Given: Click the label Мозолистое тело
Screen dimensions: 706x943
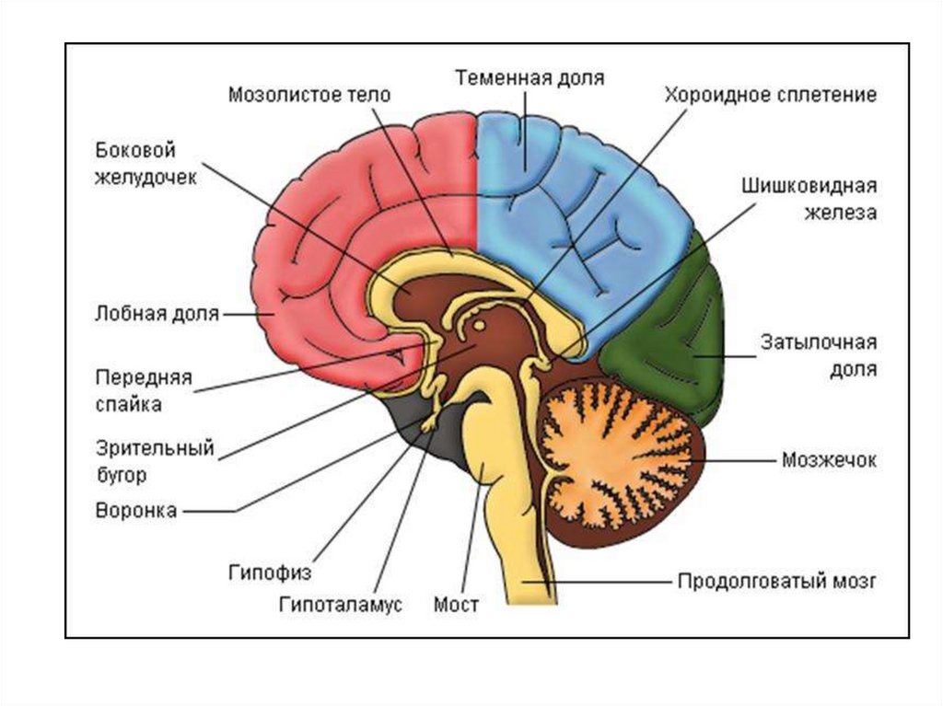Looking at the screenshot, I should [x=309, y=94].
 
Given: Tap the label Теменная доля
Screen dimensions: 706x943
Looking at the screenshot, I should [x=530, y=77].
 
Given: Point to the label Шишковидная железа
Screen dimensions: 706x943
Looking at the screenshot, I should [x=809, y=200].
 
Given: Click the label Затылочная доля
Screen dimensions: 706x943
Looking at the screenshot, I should [x=817, y=355].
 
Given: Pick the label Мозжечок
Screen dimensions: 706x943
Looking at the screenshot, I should [x=828, y=459].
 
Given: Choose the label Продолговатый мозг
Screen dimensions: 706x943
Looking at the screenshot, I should [x=777, y=582].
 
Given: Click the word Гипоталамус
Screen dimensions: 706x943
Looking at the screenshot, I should [x=341, y=606].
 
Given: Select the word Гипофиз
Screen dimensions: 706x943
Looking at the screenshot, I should [x=271, y=573].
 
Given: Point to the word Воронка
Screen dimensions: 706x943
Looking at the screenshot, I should [x=135, y=510].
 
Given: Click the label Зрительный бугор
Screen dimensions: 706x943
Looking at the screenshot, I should [x=154, y=461].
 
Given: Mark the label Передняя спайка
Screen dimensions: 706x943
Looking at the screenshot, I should [x=142, y=390].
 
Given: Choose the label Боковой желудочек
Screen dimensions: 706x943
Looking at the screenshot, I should [x=146, y=164].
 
